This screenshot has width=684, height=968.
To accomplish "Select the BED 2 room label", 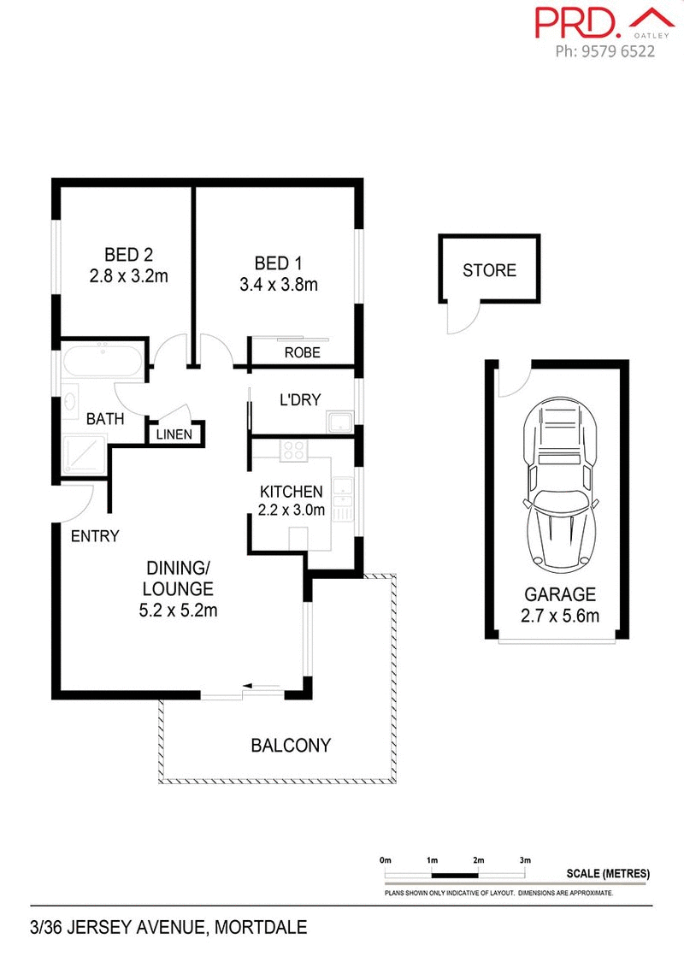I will pyautogui.click(x=128, y=254).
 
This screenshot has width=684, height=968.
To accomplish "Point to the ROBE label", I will pyautogui.click(x=302, y=351).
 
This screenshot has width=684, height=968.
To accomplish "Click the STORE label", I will pyautogui.click(x=489, y=270).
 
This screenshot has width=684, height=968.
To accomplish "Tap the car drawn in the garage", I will pyautogui.click(x=560, y=485).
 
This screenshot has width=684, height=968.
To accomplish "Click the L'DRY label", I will pyautogui.click(x=298, y=399).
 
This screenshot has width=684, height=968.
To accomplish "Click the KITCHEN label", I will pyautogui.click(x=292, y=492).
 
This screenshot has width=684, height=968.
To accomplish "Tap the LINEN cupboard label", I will pyautogui.click(x=174, y=434).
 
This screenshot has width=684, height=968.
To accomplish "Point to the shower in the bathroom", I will pyautogui.click(x=84, y=455).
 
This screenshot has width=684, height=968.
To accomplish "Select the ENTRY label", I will pyautogui.click(x=94, y=536).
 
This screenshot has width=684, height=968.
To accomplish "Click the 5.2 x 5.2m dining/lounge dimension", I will pyautogui.click(x=178, y=611).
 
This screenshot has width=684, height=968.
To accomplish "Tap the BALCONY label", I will pyautogui.click(x=290, y=746).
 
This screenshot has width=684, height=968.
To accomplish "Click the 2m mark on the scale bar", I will pyautogui.click(x=477, y=859).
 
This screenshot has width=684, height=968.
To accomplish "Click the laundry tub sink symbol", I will pyautogui.click(x=340, y=422).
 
